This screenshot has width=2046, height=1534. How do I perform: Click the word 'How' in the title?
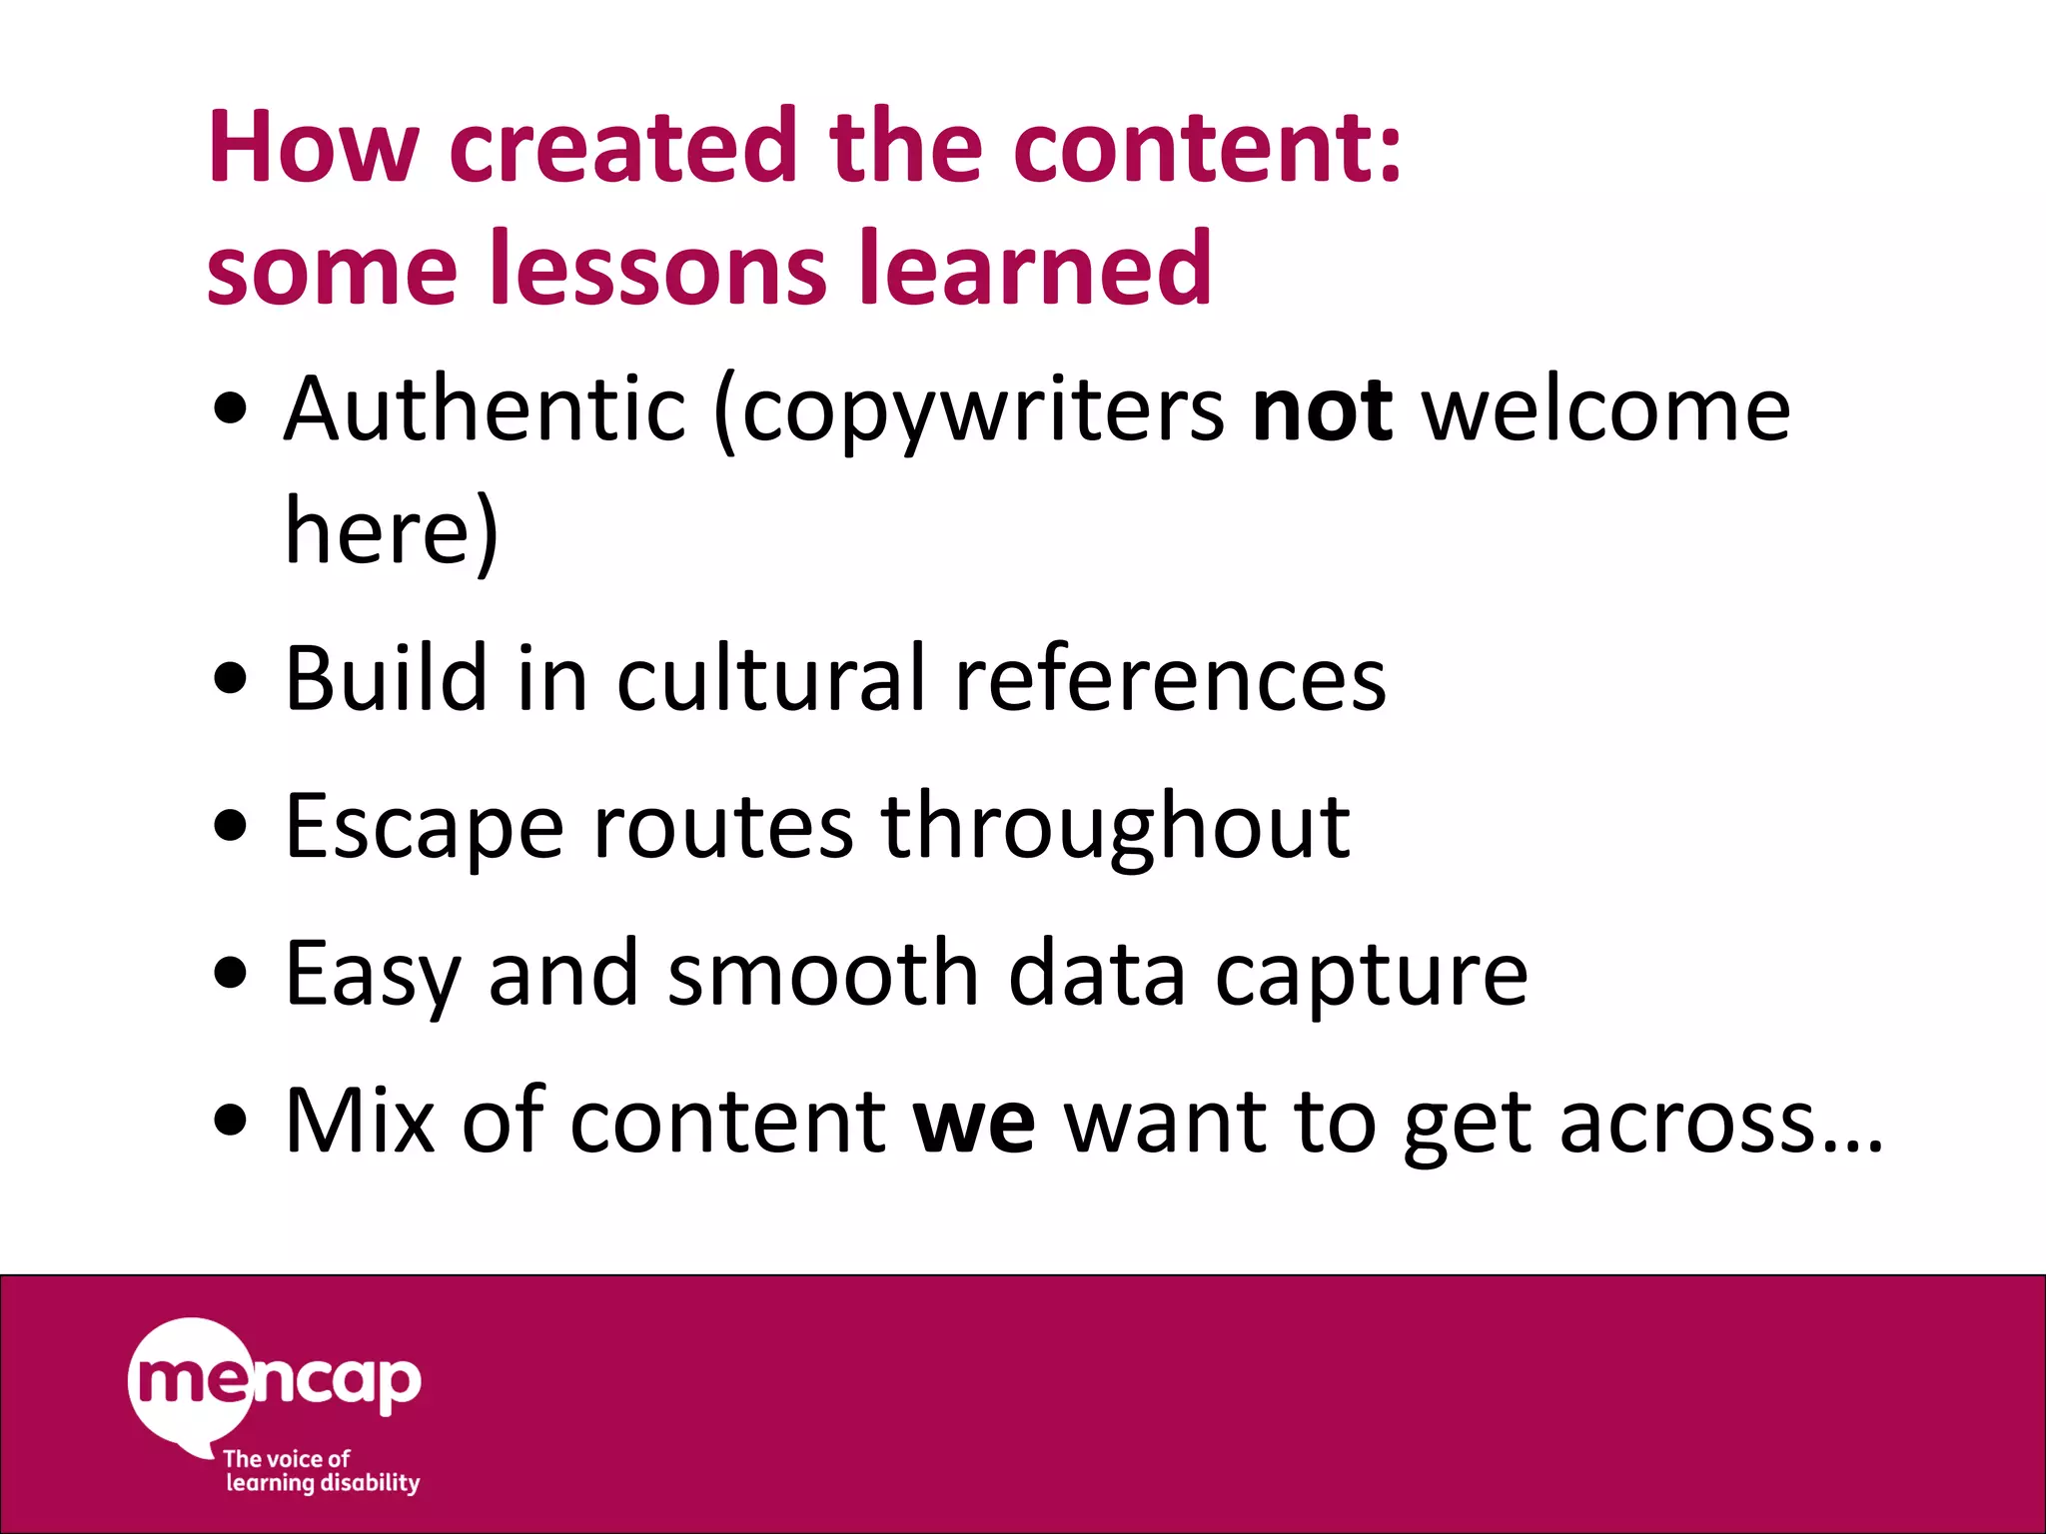(x=312, y=147)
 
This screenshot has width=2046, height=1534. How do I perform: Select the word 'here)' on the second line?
(x=391, y=530)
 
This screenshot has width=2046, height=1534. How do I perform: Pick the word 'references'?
(x=1170, y=679)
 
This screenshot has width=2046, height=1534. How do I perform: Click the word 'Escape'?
(x=424, y=827)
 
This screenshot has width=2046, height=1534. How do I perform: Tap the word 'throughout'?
(x=1115, y=827)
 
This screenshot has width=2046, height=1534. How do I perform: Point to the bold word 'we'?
(x=974, y=1122)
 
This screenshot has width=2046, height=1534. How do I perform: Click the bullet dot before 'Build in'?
(x=231, y=680)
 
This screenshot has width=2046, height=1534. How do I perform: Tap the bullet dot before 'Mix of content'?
(x=231, y=1121)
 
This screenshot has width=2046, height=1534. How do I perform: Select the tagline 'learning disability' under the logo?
(x=323, y=1482)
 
